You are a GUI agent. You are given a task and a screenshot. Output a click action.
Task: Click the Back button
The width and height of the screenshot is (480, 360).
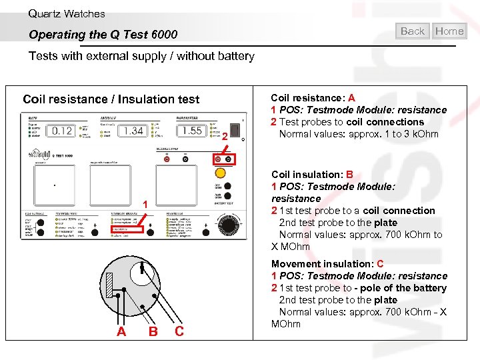pyautogui.click(x=413, y=31)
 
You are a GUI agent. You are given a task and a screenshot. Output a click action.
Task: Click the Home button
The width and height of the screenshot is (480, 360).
pyautogui.click(x=449, y=31)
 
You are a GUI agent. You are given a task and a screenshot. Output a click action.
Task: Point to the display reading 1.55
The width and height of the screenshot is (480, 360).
pyautogui.click(x=193, y=131)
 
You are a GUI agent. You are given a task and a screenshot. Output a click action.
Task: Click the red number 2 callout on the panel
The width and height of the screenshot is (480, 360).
pyautogui.click(x=225, y=137)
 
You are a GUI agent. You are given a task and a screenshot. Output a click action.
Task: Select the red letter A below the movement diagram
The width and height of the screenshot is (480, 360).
pyautogui.click(x=121, y=331)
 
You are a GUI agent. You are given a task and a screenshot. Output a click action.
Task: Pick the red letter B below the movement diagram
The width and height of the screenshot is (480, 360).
pyautogui.click(x=153, y=331)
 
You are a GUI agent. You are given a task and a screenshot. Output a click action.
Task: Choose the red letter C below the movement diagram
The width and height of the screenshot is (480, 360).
pyautogui.click(x=179, y=331)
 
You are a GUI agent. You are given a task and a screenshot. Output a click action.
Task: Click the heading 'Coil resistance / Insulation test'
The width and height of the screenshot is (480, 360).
pyautogui.click(x=111, y=99)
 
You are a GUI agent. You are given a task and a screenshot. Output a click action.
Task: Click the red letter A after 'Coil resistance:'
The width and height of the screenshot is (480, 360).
pyautogui.click(x=351, y=98)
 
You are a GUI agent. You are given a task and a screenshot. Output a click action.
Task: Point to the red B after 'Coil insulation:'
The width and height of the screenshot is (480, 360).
pyautogui.click(x=349, y=175)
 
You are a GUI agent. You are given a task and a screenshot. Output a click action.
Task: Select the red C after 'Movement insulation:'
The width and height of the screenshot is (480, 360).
pyautogui.click(x=380, y=264)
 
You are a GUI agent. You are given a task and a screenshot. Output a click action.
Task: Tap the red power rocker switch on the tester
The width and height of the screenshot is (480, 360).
pyautogui.click(x=235, y=129)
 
